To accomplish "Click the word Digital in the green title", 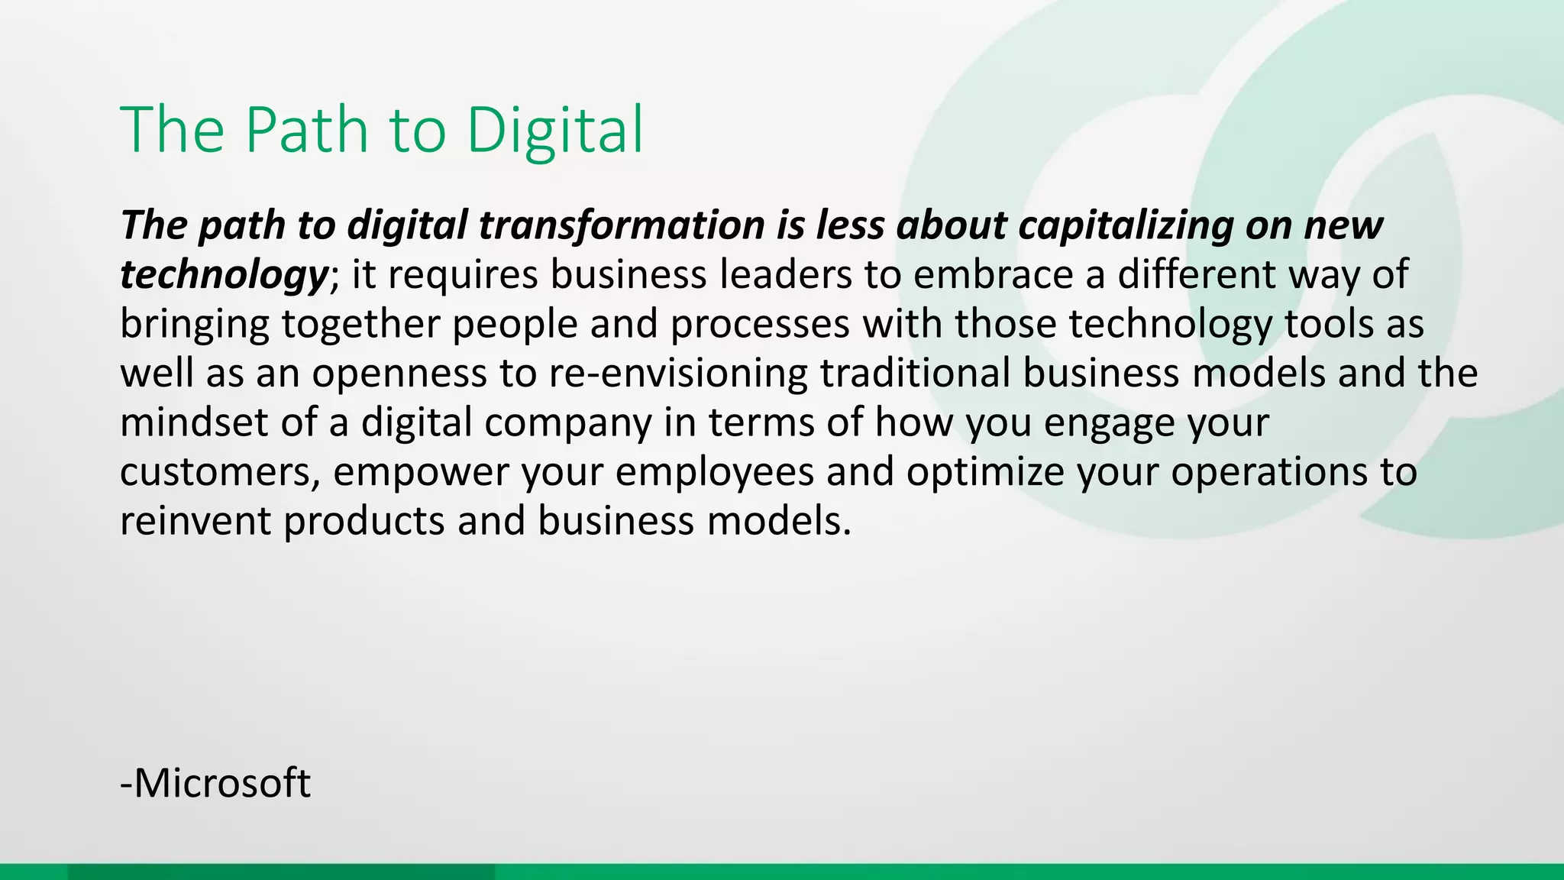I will (x=555, y=130).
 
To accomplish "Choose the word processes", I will (x=760, y=324).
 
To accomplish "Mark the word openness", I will (x=399, y=373).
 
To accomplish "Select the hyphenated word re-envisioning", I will (x=677, y=373).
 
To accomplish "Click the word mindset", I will (x=194, y=422).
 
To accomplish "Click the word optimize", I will (x=985, y=472).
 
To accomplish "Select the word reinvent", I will (x=195, y=521).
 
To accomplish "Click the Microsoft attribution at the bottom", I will (x=216, y=783).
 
